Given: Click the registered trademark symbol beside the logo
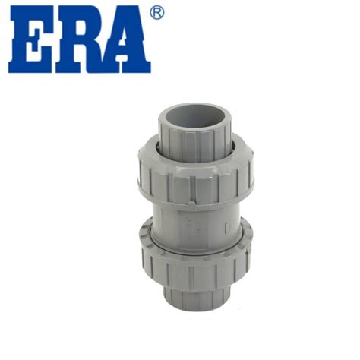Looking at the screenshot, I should tap(157, 13).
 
